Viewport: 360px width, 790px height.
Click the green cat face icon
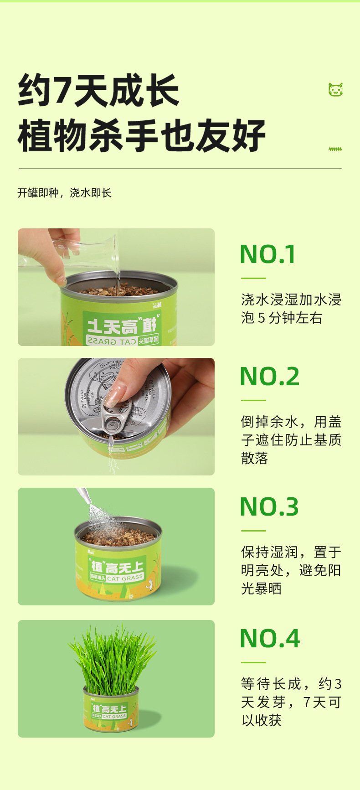(335, 90)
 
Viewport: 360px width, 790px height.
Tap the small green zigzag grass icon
(335, 149)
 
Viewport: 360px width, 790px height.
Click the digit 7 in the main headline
(62, 91)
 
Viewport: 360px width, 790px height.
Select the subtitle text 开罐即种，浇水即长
(65, 193)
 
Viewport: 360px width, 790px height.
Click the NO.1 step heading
(268, 254)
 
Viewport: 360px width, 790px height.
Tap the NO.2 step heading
(270, 377)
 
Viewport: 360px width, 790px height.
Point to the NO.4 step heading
(270, 638)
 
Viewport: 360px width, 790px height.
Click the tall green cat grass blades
(112, 656)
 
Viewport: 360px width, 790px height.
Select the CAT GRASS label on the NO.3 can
(125, 578)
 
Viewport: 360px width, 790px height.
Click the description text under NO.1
(291, 309)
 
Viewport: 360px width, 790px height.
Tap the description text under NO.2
(291, 440)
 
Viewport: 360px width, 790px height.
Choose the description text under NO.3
(291, 570)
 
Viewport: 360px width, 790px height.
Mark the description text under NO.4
(291, 702)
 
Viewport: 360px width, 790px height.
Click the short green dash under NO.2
(253, 400)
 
